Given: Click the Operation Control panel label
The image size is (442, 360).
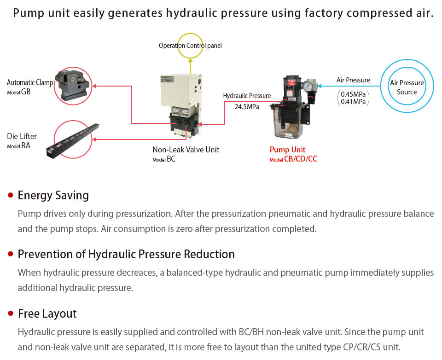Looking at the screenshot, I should coord(190,46).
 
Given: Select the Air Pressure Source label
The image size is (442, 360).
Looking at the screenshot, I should coord(407,87).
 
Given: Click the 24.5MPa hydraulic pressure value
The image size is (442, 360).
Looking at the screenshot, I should coord(247,107).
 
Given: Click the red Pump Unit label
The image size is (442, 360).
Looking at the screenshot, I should coord(287,150).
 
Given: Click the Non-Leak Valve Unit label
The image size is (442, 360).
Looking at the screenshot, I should coord(186,150).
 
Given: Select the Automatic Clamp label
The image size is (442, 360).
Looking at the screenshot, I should coord(30,82).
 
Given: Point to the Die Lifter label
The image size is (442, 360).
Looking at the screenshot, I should coord(22,136).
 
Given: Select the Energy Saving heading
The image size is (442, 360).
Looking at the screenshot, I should coord(53,195).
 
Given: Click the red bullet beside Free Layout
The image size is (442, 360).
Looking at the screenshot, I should coord(11,314).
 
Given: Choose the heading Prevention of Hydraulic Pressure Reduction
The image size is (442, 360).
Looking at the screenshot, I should coord(126,254).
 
